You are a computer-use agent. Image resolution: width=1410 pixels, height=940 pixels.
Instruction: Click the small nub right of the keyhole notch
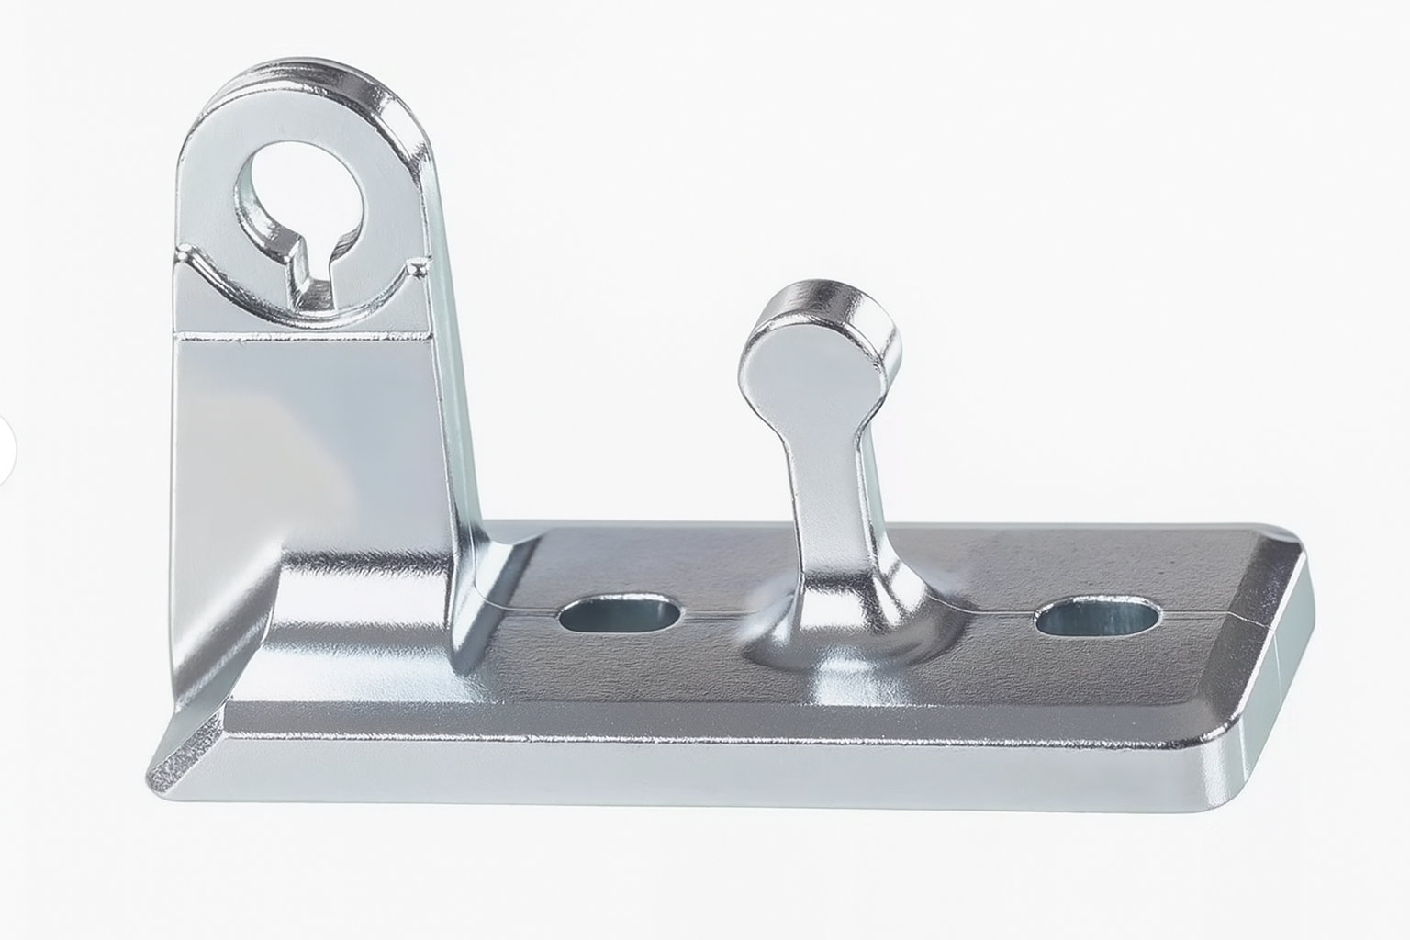(419, 267)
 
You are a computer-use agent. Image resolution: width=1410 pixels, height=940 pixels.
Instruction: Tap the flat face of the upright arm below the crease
(303, 431)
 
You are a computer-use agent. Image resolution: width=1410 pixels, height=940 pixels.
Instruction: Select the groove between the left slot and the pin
(712, 612)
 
